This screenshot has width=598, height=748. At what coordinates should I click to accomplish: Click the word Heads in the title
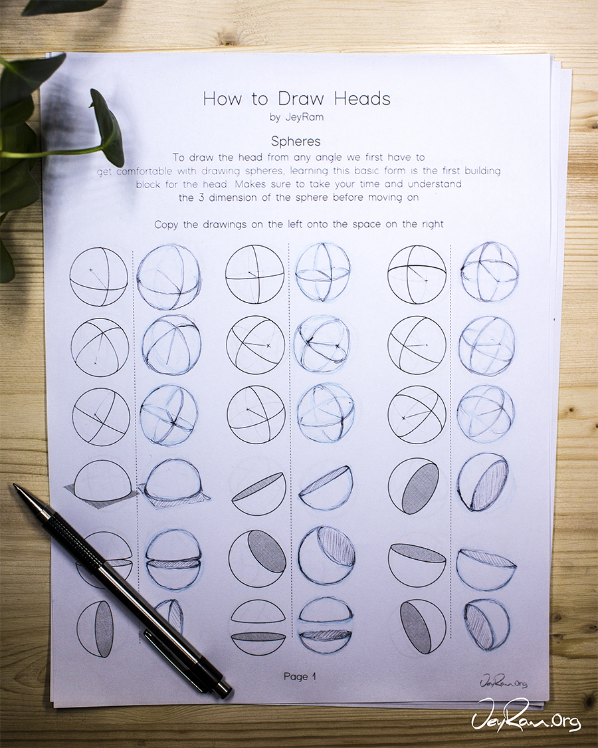click(x=362, y=99)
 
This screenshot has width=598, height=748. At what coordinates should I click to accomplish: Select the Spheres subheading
click(x=296, y=141)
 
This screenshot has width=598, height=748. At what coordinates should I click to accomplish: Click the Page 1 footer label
click(x=300, y=676)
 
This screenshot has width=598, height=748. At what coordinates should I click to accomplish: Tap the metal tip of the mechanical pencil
click(x=17, y=488)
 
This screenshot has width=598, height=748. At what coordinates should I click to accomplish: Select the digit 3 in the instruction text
click(x=202, y=197)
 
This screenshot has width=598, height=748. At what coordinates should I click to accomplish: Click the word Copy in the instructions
click(x=166, y=224)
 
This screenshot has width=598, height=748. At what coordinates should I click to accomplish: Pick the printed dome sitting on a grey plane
click(x=101, y=483)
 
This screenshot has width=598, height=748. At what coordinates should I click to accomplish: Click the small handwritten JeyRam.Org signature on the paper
click(x=504, y=682)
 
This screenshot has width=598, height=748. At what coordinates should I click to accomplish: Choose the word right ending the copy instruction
click(x=433, y=224)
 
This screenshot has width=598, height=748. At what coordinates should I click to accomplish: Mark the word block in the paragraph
click(x=148, y=184)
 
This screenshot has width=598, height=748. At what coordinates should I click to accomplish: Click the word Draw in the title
click(x=301, y=99)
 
